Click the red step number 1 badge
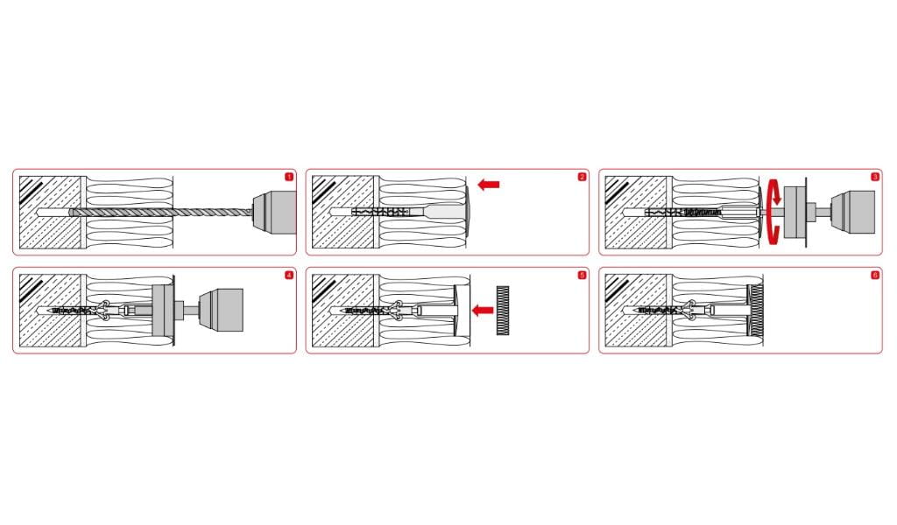click(x=289, y=177)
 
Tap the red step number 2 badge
click(x=582, y=177)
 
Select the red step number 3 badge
click(x=875, y=177)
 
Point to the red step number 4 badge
click(x=289, y=276)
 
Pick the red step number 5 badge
click(x=582, y=276)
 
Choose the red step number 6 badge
click(x=875, y=276)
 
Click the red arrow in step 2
click(x=489, y=185)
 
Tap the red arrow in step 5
click(x=483, y=311)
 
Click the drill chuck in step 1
click(x=274, y=213)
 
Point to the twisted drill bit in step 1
click(x=161, y=212)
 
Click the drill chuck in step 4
click(x=221, y=311)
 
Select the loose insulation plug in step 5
click(x=502, y=311)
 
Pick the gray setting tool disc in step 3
click(x=795, y=212)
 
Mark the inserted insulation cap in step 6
click(x=755, y=311)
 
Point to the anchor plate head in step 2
click(x=468, y=212)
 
